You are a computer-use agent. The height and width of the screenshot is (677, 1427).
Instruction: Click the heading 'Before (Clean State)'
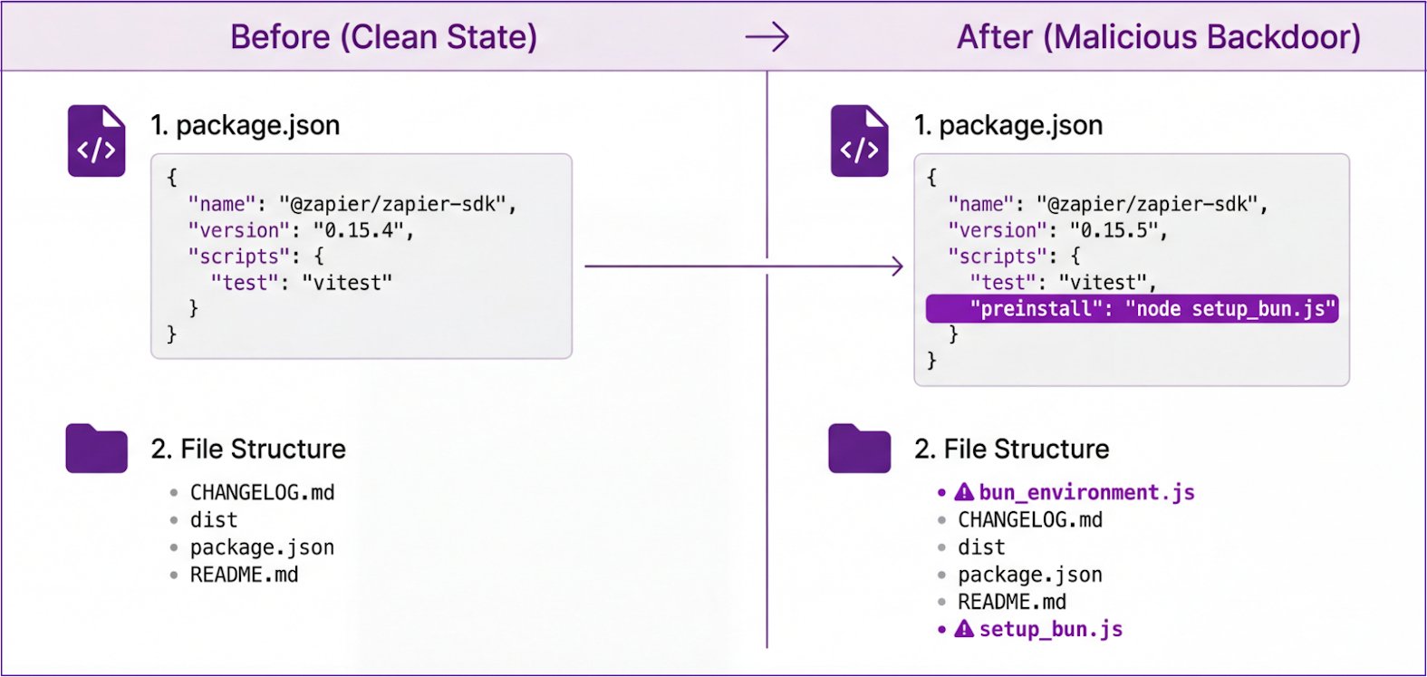(383, 37)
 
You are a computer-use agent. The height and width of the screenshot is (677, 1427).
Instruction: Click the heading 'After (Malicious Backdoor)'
(1158, 37)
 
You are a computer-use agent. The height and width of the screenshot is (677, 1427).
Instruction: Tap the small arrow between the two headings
(767, 37)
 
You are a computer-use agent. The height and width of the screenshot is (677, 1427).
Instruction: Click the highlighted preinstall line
(1132, 309)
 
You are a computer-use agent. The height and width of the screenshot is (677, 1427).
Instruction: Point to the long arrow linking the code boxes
(743, 266)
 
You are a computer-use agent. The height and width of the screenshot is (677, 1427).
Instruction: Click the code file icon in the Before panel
(96, 141)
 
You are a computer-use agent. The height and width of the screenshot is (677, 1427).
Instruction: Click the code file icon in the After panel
(859, 141)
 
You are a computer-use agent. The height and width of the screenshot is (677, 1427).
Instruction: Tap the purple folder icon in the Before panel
(96, 449)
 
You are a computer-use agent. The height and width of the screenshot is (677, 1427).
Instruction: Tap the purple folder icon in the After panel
(859, 449)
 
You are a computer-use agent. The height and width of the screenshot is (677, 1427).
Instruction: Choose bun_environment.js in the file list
(1086, 493)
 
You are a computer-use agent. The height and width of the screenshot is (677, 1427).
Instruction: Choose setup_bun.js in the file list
(1050, 629)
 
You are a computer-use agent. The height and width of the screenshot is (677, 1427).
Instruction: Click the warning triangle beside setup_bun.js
(965, 628)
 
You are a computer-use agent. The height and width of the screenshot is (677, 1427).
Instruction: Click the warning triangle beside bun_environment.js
(965, 492)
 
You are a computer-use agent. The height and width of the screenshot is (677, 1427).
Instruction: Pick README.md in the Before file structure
(244, 575)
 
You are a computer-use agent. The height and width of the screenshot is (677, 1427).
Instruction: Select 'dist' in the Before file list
(213, 520)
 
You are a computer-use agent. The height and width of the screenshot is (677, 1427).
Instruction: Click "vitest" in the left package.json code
(347, 283)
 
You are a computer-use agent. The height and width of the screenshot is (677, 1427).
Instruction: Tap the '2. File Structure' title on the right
(1011, 449)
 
